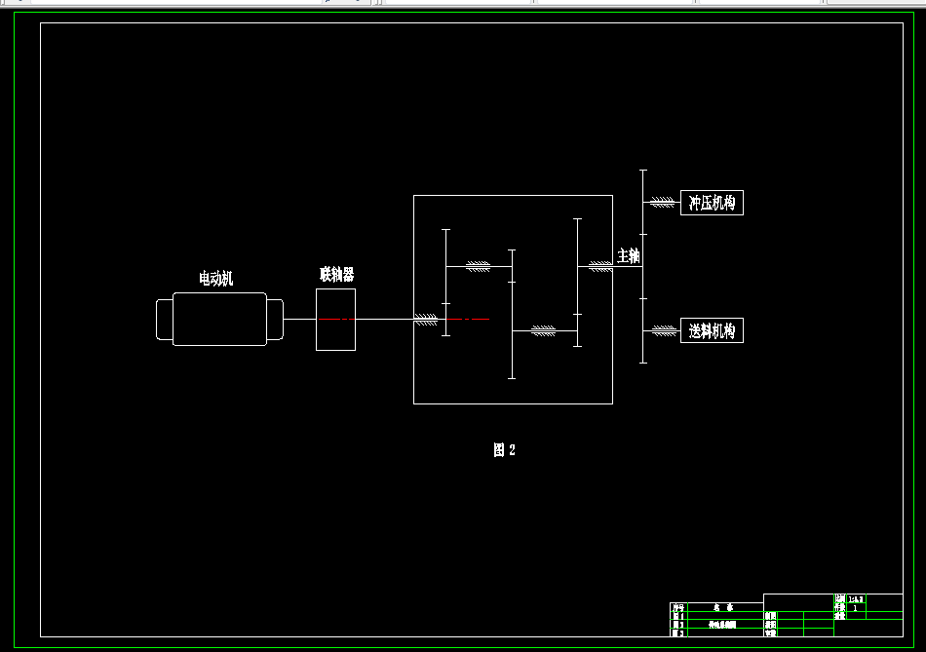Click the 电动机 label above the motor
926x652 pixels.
tap(215, 279)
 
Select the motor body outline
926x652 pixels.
tap(219, 319)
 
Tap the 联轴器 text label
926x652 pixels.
tap(336, 275)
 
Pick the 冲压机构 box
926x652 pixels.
tap(712, 203)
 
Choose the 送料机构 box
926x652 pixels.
tap(712, 330)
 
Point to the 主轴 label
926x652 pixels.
tap(628, 256)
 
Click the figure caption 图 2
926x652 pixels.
tap(503, 449)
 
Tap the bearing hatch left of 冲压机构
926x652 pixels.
tap(663, 202)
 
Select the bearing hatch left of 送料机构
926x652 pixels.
tap(664, 330)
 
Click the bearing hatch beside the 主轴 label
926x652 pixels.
tap(599, 266)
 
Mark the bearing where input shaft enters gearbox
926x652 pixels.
tap(426, 320)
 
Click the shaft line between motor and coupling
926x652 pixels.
tap(299, 319)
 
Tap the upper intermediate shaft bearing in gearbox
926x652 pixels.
tap(478, 266)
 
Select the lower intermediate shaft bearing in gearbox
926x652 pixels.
tap(543, 331)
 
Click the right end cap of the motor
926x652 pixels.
tap(276, 320)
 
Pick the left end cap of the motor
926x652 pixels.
tap(164, 320)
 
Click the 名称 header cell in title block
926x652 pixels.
tap(722, 607)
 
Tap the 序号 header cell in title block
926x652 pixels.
tap(678, 607)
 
